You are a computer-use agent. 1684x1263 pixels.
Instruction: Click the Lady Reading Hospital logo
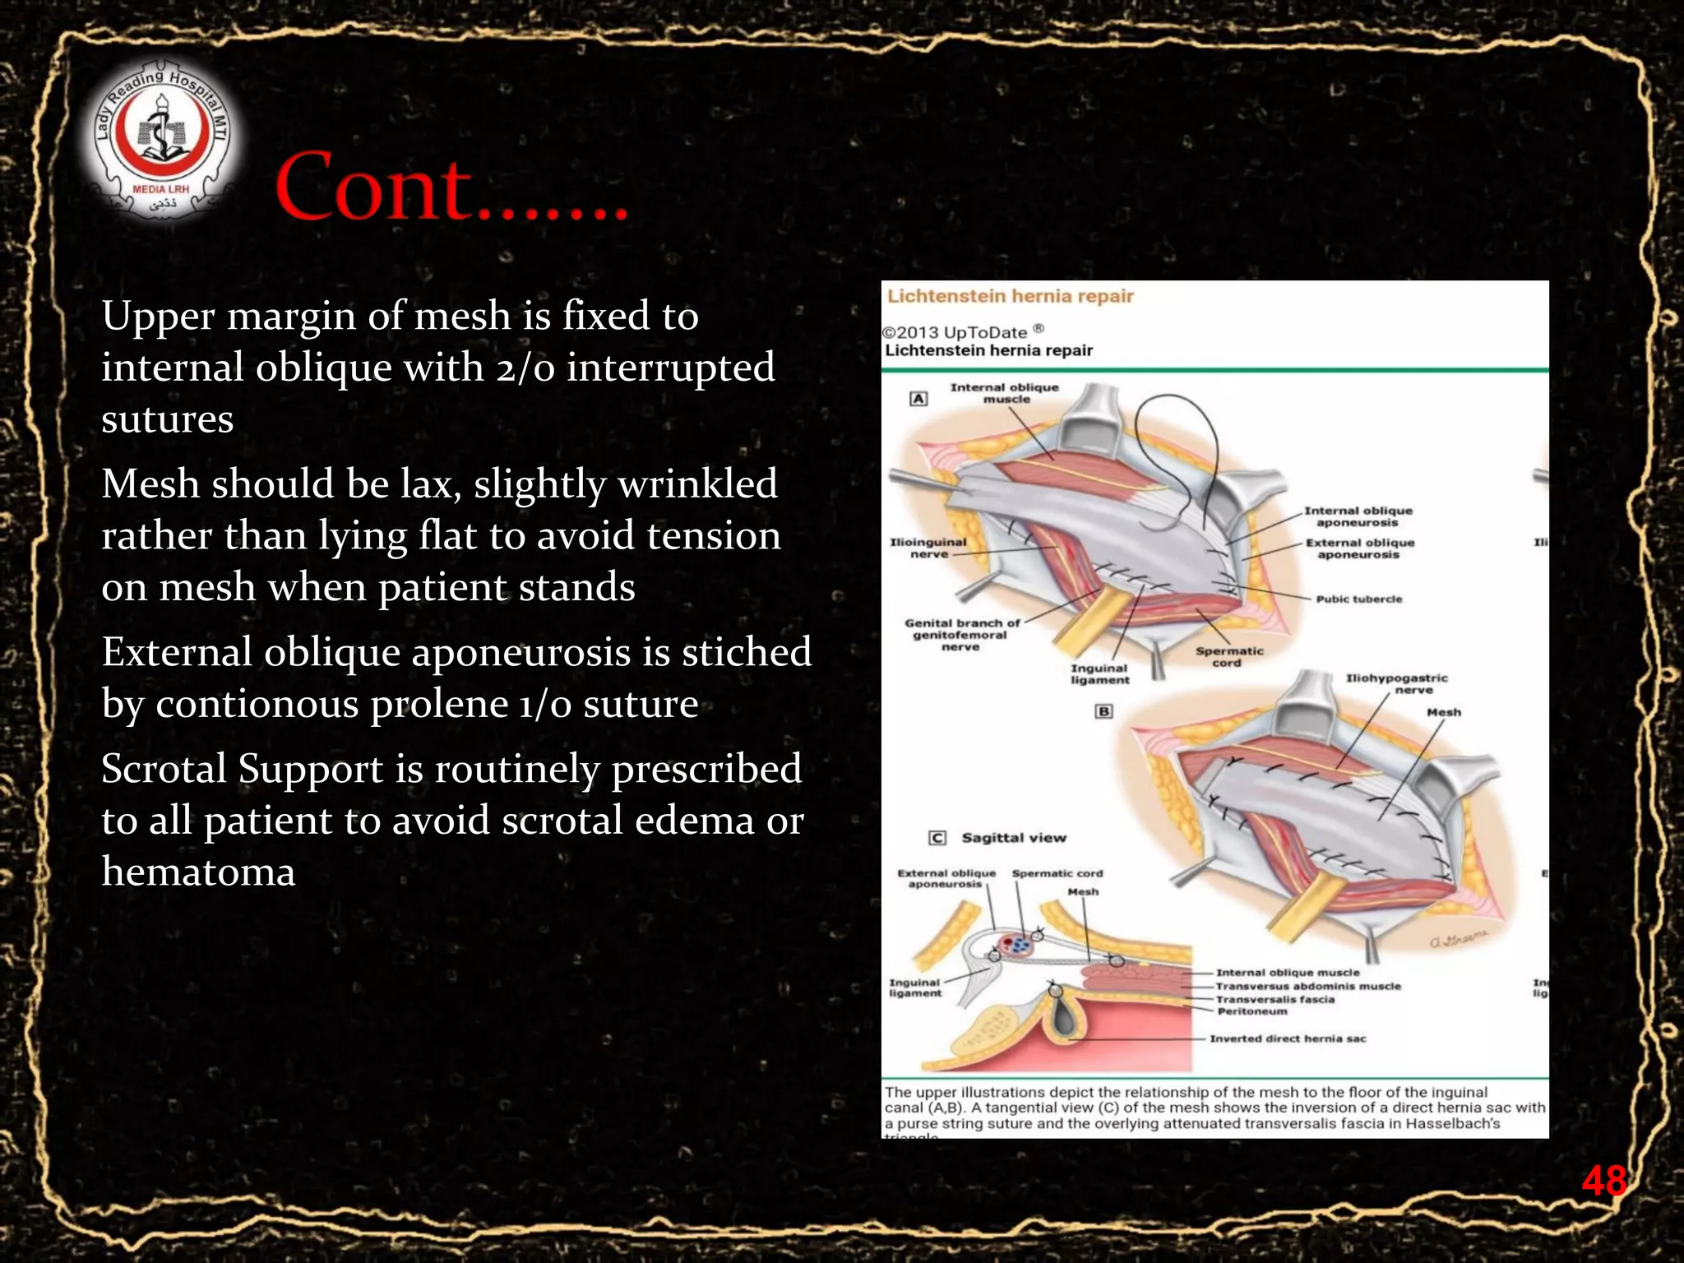[162, 142]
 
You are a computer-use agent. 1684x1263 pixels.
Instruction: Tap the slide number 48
[1603, 1181]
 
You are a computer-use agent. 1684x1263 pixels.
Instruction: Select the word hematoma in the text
[198, 872]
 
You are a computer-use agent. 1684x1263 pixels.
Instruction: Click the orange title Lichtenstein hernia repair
[1010, 296]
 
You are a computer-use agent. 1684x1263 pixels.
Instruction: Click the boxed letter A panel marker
[918, 399]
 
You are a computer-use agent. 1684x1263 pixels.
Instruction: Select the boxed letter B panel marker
[1103, 711]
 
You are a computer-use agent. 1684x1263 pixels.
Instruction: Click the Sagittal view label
[1013, 838]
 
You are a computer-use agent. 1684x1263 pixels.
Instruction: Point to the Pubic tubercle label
[1358, 599]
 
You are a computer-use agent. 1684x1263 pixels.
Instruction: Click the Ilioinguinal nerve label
[928, 548]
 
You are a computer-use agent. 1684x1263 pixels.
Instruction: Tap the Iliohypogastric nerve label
[1397, 683]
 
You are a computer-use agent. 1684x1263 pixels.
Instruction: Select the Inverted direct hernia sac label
[1287, 1039]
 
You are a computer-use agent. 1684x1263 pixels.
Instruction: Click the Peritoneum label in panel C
[1251, 1011]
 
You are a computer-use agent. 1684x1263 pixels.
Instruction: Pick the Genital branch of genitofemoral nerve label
[961, 635]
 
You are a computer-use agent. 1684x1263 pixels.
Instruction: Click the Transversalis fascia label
[1275, 999]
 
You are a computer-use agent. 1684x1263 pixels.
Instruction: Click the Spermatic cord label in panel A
[1228, 656]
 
